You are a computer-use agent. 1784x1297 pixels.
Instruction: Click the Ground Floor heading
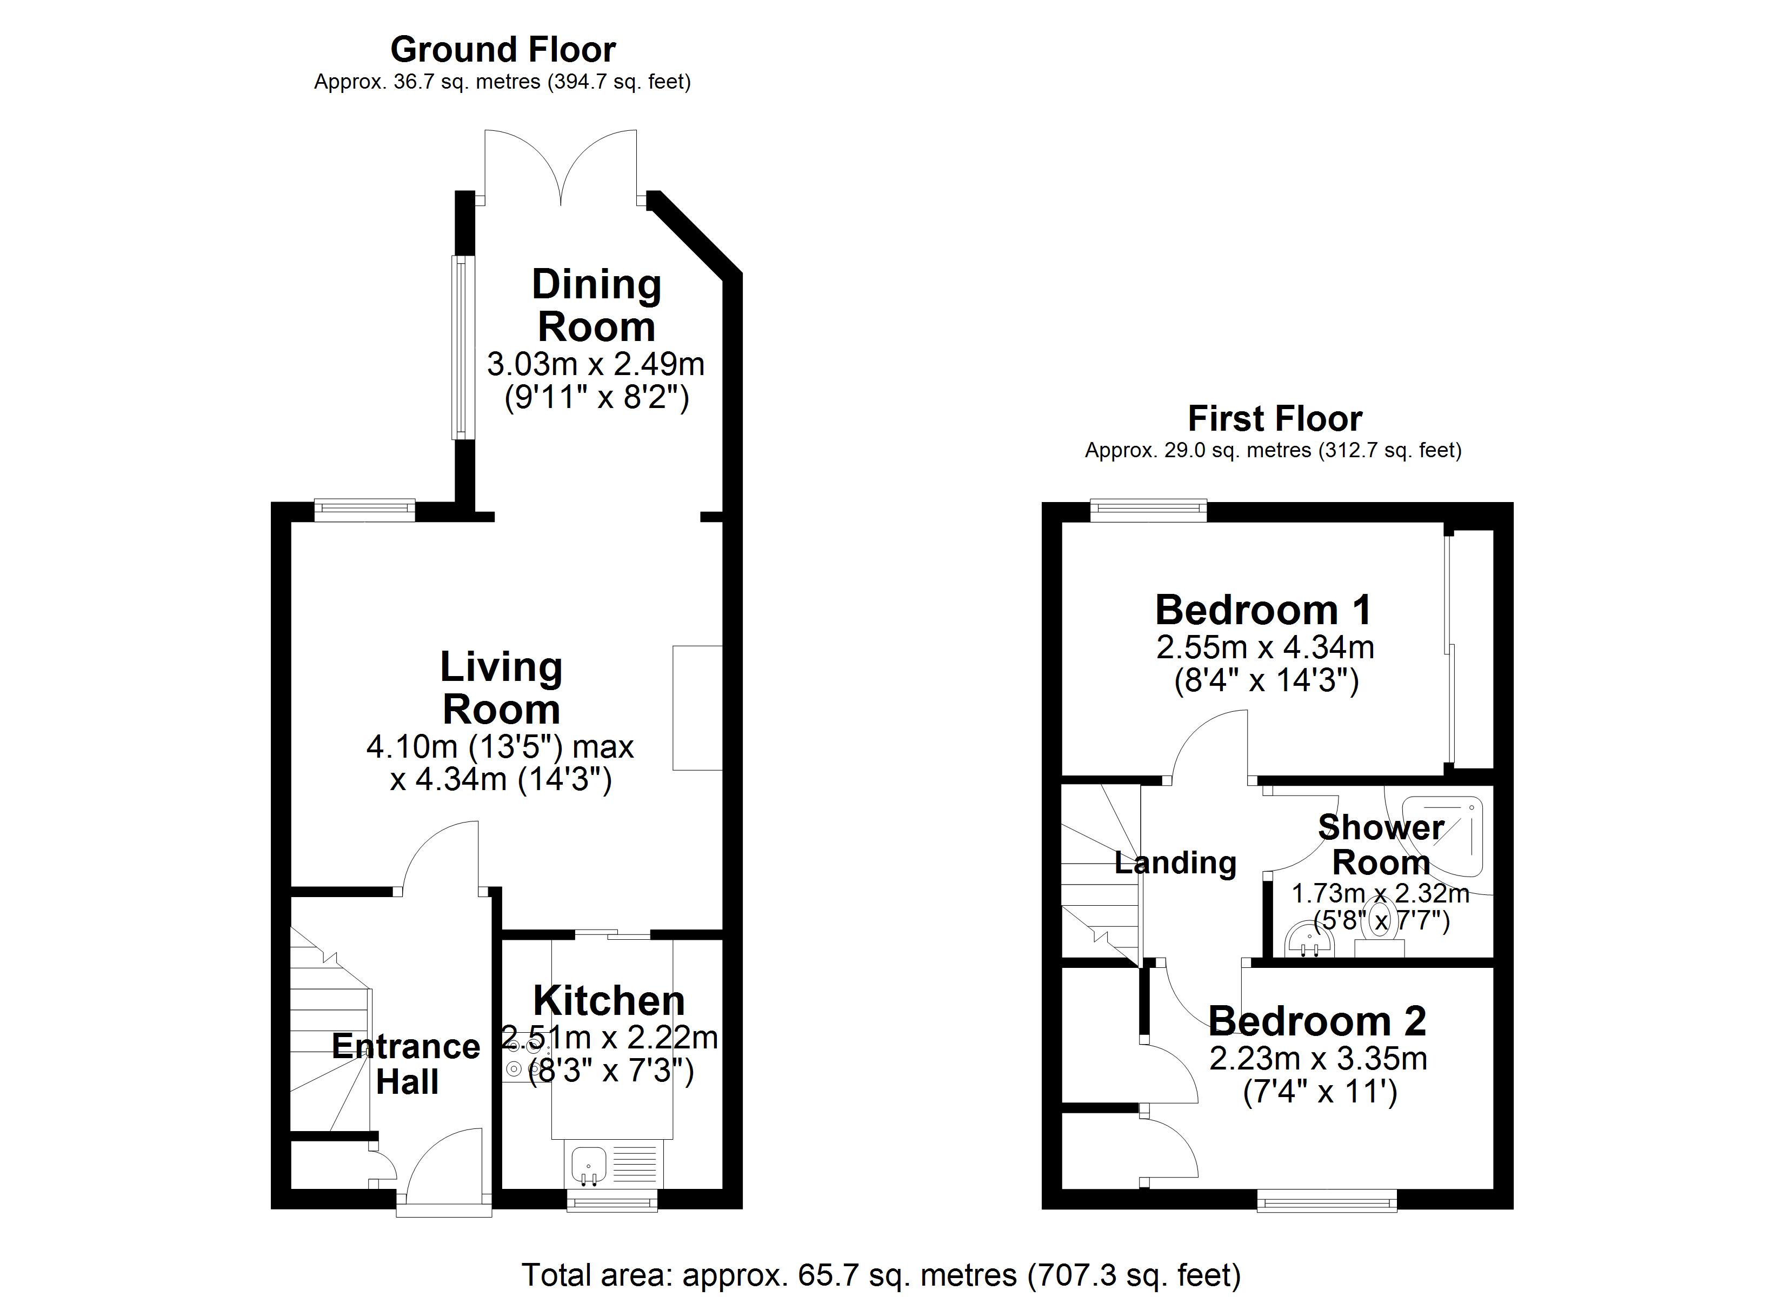click(503, 50)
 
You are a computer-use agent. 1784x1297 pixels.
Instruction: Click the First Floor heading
click(1274, 418)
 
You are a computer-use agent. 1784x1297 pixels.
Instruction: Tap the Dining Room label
click(596, 305)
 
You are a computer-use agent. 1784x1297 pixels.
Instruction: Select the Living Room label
click(501, 687)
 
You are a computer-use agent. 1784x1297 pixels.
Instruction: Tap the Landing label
click(1175, 863)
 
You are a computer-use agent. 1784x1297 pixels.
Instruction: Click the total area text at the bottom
click(881, 1274)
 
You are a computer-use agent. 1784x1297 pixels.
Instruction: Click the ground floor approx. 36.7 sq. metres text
click(502, 82)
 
